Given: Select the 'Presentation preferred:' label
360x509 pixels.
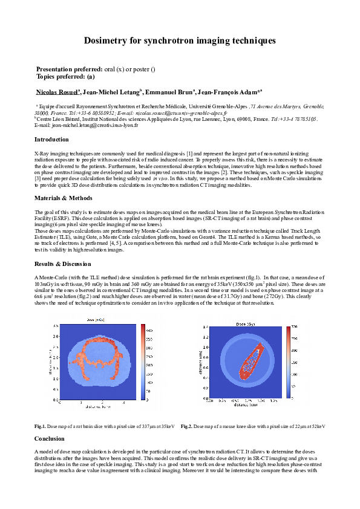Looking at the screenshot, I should pyautogui.click(x=70, y=70).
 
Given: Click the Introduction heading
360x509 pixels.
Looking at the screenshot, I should pyautogui.click(x=52, y=140).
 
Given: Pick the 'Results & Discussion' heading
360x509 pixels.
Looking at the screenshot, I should pyautogui.click(x=63, y=264).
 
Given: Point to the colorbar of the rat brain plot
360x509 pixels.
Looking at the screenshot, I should pyautogui.click(x=143, y=362).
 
